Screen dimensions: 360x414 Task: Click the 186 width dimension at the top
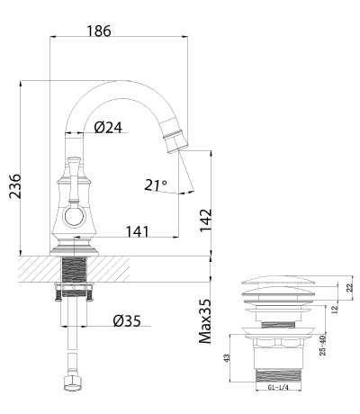click(99, 31)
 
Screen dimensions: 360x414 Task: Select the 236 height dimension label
click(15, 185)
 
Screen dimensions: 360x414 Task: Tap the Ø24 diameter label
click(108, 128)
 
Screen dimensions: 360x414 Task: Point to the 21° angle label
click(155, 185)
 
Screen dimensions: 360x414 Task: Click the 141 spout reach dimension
click(137, 231)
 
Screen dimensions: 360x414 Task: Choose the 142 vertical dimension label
click(206, 220)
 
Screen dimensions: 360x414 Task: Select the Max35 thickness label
click(206, 321)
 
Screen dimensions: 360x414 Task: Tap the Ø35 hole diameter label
click(127, 321)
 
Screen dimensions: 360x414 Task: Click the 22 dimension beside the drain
click(349, 288)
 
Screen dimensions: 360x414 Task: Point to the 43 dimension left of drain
click(227, 357)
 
